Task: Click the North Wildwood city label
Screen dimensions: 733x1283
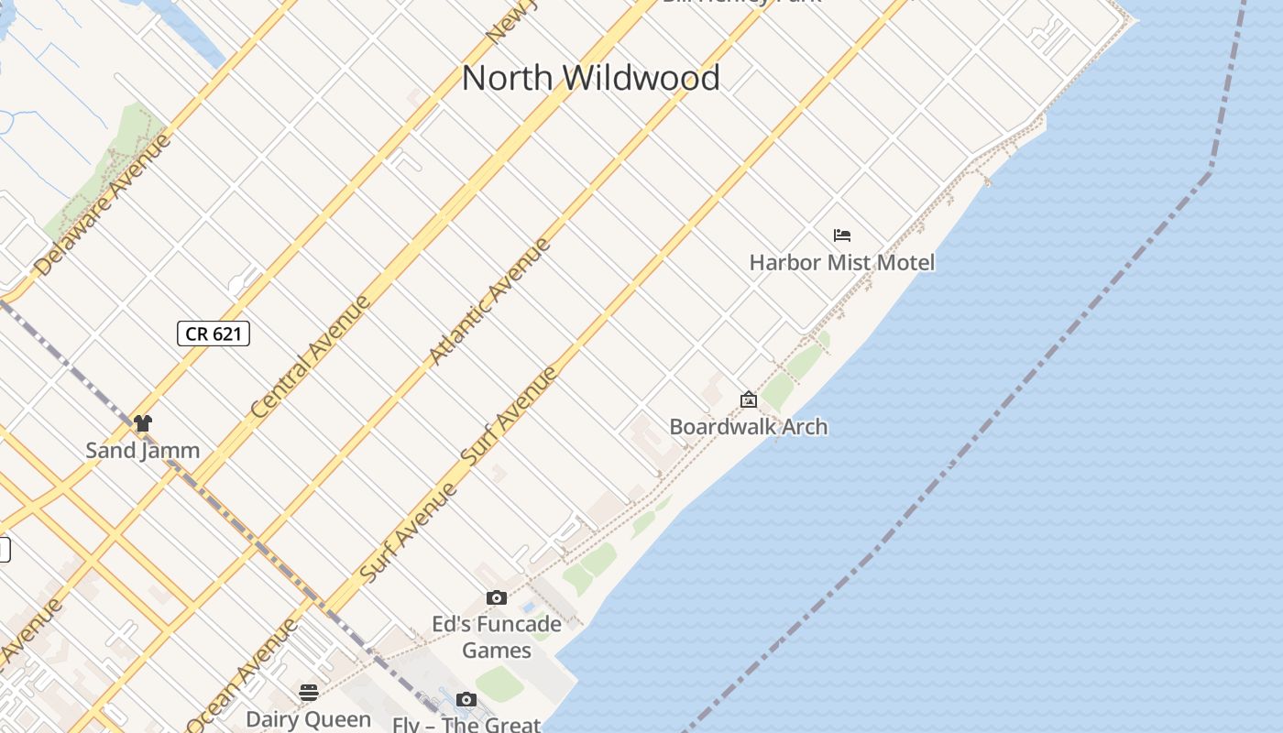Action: (590, 78)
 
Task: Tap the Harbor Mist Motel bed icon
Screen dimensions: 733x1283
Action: (842, 235)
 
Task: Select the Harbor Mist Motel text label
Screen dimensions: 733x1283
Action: (842, 263)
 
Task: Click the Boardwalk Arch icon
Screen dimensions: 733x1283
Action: (749, 399)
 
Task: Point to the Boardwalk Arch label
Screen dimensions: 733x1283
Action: (749, 427)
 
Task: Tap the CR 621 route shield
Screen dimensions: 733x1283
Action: (214, 334)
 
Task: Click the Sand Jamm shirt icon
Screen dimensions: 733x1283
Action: (143, 423)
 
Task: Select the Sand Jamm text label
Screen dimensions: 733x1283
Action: (143, 450)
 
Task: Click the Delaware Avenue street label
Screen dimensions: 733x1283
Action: (103, 205)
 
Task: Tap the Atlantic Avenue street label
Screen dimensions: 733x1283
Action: (490, 301)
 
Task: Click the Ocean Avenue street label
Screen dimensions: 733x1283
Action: (243, 673)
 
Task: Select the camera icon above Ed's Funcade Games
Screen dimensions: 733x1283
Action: (497, 598)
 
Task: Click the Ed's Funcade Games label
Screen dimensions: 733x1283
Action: (497, 638)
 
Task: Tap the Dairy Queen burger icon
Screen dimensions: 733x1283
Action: (309, 692)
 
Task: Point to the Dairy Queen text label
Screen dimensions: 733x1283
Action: (309, 719)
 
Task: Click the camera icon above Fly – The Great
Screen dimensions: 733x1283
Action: (466, 700)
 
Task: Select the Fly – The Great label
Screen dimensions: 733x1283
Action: (466, 725)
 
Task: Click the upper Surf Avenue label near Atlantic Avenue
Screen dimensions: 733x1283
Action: (510, 417)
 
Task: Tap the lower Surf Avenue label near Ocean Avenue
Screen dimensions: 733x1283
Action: (409, 531)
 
